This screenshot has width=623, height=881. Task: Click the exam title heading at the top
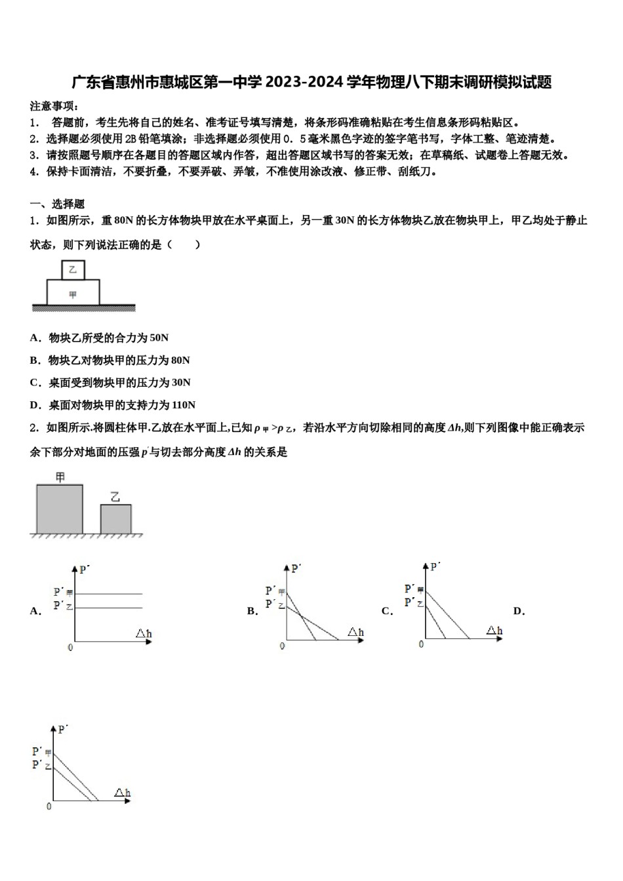[x=311, y=83]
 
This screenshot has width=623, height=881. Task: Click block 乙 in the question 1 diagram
[x=72, y=269]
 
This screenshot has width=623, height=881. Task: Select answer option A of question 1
[x=99, y=338]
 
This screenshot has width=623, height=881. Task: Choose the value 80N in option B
[x=180, y=361]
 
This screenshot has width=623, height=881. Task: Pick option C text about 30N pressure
[x=110, y=383]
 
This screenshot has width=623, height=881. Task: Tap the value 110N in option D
[x=183, y=405]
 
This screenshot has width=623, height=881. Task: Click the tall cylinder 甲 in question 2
[x=59, y=508]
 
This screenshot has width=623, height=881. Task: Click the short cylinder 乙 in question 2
[x=115, y=518]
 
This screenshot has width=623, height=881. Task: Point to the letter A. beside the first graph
[x=35, y=612]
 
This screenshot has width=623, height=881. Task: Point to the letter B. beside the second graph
[x=252, y=612]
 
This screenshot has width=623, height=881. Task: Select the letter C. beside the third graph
[x=387, y=612]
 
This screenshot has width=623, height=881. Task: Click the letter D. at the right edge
[x=519, y=612]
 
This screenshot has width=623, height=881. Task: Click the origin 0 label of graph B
[x=283, y=646]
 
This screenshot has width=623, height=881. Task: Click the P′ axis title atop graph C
[x=435, y=566]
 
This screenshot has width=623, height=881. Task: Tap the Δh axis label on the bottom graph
[x=123, y=793]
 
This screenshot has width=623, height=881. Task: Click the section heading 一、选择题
[x=57, y=205]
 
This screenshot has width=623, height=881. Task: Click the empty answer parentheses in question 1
[x=184, y=245]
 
